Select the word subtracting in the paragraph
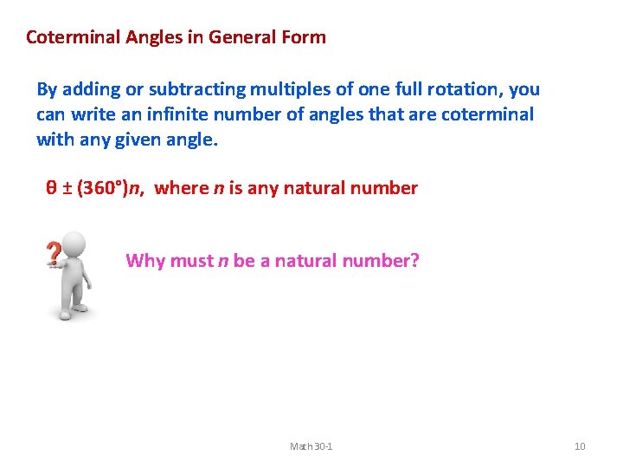(x=190, y=89)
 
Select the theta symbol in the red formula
(x=51, y=188)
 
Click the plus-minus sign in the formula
(x=67, y=188)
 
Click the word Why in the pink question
(x=144, y=261)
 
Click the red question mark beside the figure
(x=54, y=254)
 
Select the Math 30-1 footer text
(x=311, y=446)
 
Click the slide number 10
(x=580, y=446)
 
